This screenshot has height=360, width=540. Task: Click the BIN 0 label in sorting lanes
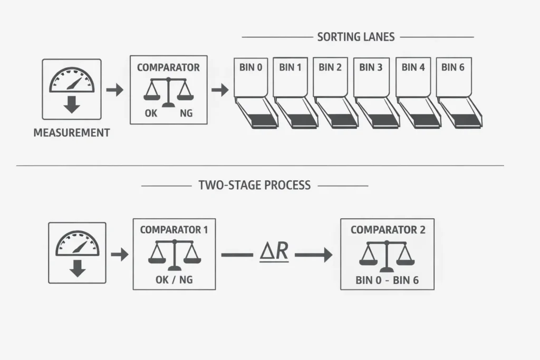pyautogui.click(x=251, y=67)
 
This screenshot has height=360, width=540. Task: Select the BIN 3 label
pyautogui.click(x=370, y=67)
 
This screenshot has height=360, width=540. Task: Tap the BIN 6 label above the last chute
pyautogui.click(x=454, y=67)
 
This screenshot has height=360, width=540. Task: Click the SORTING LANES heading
pyautogui.click(x=356, y=37)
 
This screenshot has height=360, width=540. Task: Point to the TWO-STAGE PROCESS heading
pyautogui.click(x=254, y=186)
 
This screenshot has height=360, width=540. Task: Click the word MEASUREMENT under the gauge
pyautogui.click(x=72, y=133)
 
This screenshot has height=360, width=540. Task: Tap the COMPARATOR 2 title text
pyautogui.click(x=388, y=230)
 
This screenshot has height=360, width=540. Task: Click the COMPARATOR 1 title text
pyautogui.click(x=174, y=230)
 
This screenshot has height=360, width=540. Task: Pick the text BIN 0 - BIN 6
pyautogui.click(x=388, y=280)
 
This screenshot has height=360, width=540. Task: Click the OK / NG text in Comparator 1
pyautogui.click(x=174, y=280)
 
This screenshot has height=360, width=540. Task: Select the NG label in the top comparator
pyautogui.click(x=186, y=113)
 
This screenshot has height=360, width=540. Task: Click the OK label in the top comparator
pyautogui.click(x=150, y=113)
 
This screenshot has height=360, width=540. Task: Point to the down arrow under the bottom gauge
pyautogui.click(x=78, y=269)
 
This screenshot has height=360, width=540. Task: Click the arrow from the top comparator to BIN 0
pyautogui.click(x=220, y=90)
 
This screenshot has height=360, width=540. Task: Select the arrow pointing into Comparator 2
pyautogui.click(x=314, y=255)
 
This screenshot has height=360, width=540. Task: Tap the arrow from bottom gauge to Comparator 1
pyautogui.click(x=120, y=255)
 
